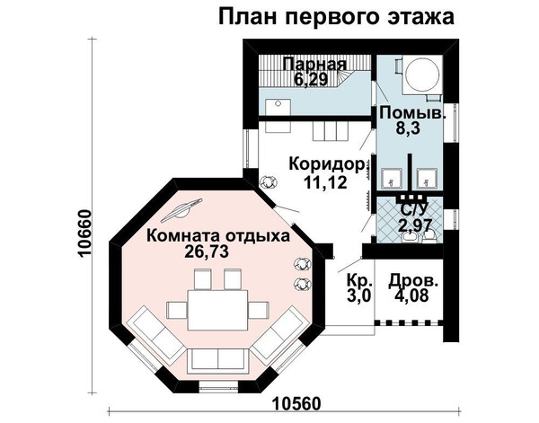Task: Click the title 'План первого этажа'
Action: click(x=336, y=17)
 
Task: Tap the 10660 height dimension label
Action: click(x=84, y=233)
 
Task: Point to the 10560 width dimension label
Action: click(x=297, y=404)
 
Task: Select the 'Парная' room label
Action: click(x=315, y=65)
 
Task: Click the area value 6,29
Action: click(x=311, y=79)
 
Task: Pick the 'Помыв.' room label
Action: click(x=413, y=112)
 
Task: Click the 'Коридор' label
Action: click(x=327, y=164)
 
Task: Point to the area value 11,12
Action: click(x=325, y=181)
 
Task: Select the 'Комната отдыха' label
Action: click(x=218, y=236)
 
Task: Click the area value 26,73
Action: click(x=207, y=251)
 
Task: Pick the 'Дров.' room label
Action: click(x=414, y=281)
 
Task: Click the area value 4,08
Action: click(x=412, y=295)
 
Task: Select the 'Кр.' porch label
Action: click(x=359, y=280)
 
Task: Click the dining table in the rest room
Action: click(x=218, y=310)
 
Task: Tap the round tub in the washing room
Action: click(x=422, y=75)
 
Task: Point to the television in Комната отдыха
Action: click(x=181, y=209)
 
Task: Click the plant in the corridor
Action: click(x=269, y=181)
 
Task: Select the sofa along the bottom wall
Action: click(x=218, y=360)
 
